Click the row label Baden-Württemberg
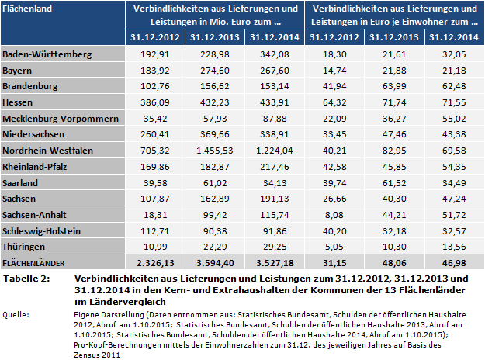click(x=48, y=54)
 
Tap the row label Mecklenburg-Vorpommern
click(x=60, y=117)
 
